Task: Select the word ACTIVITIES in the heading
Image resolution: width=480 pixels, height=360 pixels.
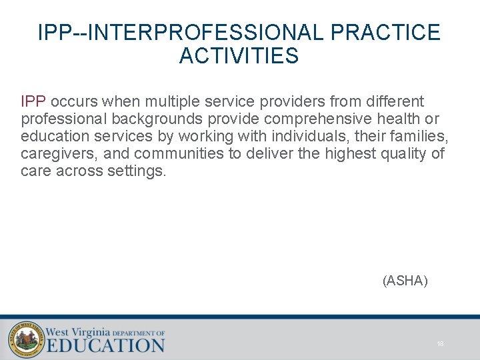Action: (x=239, y=56)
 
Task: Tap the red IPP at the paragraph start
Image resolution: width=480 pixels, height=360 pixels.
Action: (x=33, y=102)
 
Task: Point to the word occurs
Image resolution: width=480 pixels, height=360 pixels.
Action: (x=74, y=102)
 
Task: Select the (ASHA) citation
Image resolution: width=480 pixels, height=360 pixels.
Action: (x=405, y=281)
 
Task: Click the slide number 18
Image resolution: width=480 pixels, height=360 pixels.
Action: (x=440, y=344)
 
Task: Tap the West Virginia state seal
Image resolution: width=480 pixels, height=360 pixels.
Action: (x=25, y=339)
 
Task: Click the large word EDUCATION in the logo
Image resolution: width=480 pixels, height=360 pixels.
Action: (x=105, y=345)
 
